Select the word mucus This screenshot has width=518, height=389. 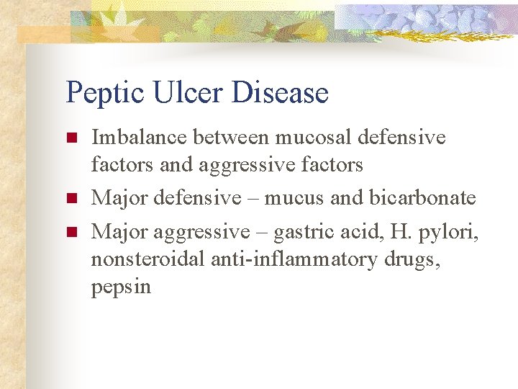click(296, 197)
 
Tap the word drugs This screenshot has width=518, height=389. click(412, 259)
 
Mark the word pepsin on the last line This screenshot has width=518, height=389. click(121, 287)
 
